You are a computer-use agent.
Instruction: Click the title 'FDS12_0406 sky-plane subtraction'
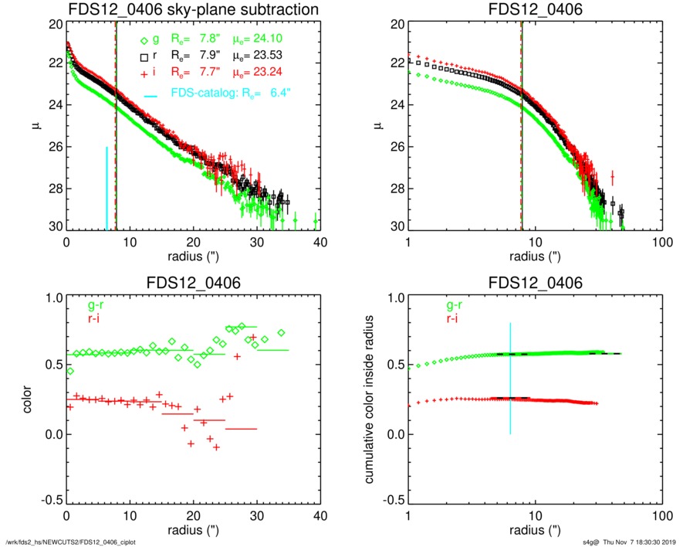coord(194,10)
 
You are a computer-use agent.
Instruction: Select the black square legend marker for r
coord(143,58)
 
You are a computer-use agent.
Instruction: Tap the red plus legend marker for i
coord(143,74)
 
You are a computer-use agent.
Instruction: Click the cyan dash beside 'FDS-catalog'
coord(151,95)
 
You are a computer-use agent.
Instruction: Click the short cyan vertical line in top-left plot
coord(107,188)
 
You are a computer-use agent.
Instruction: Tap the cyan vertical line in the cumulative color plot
coord(510,379)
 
